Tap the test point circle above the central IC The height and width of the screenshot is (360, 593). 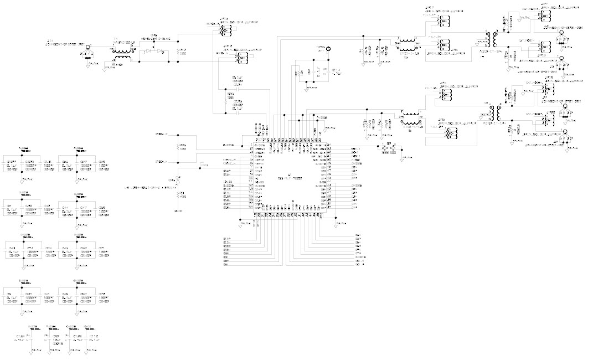[327, 50]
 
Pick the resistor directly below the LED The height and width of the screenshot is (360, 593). [177, 194]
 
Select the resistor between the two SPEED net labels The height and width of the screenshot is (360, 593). [177, 147]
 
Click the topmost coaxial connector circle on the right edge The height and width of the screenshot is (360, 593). [561, 34]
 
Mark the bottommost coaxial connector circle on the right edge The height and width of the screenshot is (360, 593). [565, 132]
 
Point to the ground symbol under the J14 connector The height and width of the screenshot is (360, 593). [89, 63]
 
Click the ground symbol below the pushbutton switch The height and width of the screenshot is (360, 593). [400, 157]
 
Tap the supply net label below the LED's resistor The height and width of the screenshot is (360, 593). [177, 211]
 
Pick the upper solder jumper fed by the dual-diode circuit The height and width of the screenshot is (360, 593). [224, 29]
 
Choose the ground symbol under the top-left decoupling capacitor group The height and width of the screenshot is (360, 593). [22, 180]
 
